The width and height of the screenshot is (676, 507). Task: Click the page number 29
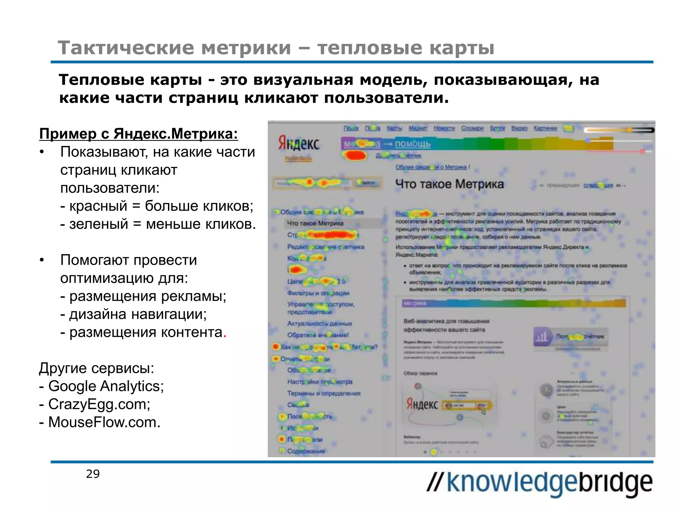(93, 474)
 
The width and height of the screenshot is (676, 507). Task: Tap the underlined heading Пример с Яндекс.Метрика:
(138, 134)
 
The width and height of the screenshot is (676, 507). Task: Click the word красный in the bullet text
(98, 206)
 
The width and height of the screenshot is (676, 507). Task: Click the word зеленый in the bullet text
(98, 224)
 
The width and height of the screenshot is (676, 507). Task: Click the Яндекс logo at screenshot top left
(299, 143)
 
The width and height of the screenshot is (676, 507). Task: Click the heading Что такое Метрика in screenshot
(450, 184)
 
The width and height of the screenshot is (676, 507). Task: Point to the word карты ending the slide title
(461, 48)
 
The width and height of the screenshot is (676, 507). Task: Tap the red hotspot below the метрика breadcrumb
(354, 155)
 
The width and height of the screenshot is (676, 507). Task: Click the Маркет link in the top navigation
(418, 128)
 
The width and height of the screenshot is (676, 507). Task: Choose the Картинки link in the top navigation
(545, 128)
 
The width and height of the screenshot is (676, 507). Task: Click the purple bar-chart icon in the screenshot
(542, 337)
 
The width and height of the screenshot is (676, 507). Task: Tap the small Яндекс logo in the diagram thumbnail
(422, 404)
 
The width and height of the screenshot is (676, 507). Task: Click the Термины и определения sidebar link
(323, 393)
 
